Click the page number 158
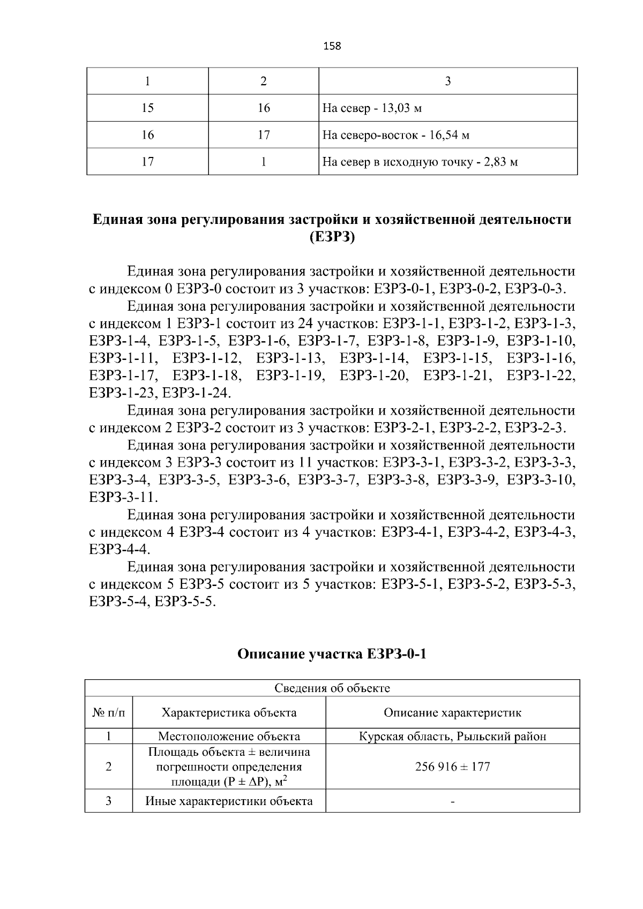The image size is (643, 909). (332, 46)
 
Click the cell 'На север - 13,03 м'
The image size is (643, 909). (372, 109)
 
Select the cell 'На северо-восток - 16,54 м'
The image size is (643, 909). (395, 136)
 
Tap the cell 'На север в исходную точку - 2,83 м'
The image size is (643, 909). (420, 162)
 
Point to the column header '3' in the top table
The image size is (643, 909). (448, 81)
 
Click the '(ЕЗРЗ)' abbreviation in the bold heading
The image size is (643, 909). (332, 237)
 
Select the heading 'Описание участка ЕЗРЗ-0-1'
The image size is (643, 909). (332, 654)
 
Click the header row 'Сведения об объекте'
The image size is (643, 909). (332, 688)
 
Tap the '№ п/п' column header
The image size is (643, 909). (109, 713)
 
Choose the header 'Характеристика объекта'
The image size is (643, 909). (229, 713)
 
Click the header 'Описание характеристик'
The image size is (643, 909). (453, 713)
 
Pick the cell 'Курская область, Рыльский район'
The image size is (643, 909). (453, 737)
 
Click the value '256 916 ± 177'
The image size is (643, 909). (453, 767)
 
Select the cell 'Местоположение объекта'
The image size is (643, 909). (229, 737)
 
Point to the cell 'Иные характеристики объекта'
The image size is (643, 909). (229, 802)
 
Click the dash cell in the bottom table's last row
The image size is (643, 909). (453, 802)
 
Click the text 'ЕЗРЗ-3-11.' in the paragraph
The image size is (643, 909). (124, 498)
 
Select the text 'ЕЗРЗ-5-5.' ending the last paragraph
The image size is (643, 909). (185, 602)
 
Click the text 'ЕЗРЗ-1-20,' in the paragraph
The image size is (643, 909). (374, 376)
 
